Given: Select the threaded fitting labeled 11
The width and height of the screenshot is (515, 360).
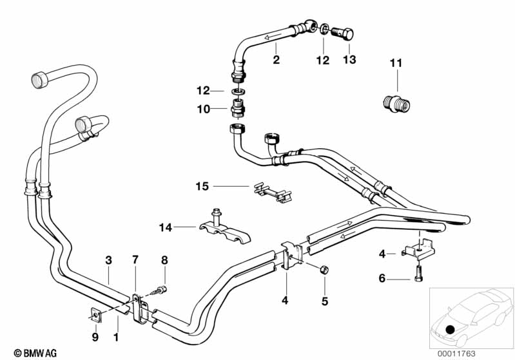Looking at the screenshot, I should [393, 103].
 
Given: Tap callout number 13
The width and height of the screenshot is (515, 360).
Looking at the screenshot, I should [349, 60].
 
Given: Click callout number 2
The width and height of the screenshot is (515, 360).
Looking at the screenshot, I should [276, 60].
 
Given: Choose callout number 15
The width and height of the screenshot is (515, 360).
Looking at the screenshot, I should [202, 187].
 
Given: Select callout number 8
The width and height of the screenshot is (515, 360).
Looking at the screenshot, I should [164, 260].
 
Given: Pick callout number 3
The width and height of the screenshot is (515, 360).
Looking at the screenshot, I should [108, 260].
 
